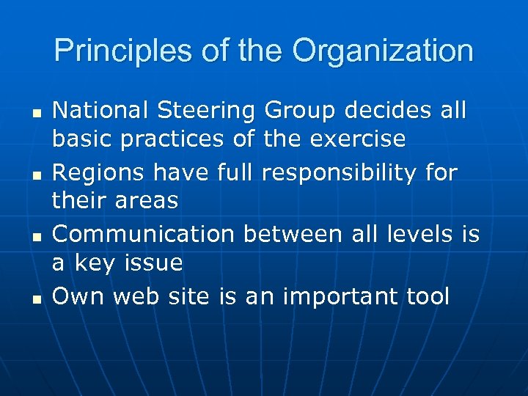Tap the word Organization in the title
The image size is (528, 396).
(x=383, y=51)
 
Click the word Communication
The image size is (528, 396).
(x=144, y=234)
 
